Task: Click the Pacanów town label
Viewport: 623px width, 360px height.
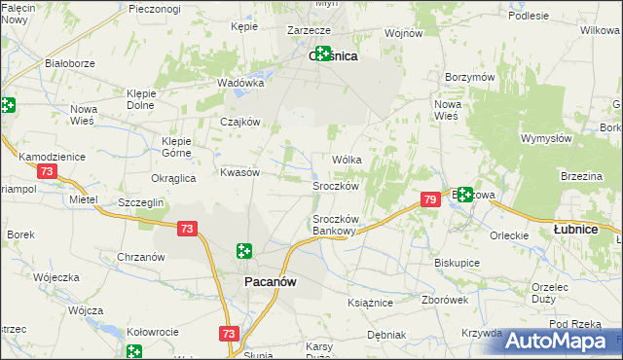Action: click(268, 281)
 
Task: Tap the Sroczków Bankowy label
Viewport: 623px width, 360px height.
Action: click(336, 225)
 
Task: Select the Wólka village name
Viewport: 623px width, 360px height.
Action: click(348, 160)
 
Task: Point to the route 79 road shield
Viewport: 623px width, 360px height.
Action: click(430, 199)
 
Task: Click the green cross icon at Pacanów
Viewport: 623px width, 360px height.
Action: click(243, 252)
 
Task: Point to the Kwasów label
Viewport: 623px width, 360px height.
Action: click(239, 171)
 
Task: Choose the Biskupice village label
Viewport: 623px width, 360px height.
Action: click(458, 263)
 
